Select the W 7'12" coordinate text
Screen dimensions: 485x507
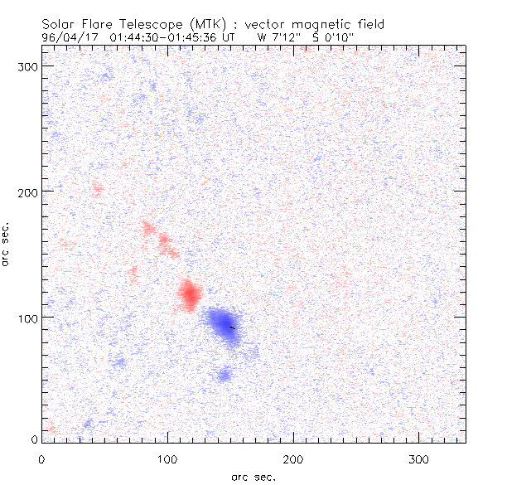pos(273,37)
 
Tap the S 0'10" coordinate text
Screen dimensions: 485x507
pos(331,37)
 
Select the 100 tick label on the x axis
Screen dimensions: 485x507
pos(167,458)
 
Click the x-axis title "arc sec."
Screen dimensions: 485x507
pos(253,477)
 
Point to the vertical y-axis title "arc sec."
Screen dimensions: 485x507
pos(7,245)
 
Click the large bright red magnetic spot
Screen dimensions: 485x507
pos(190,294)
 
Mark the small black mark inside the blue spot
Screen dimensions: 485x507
pos(232,327)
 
